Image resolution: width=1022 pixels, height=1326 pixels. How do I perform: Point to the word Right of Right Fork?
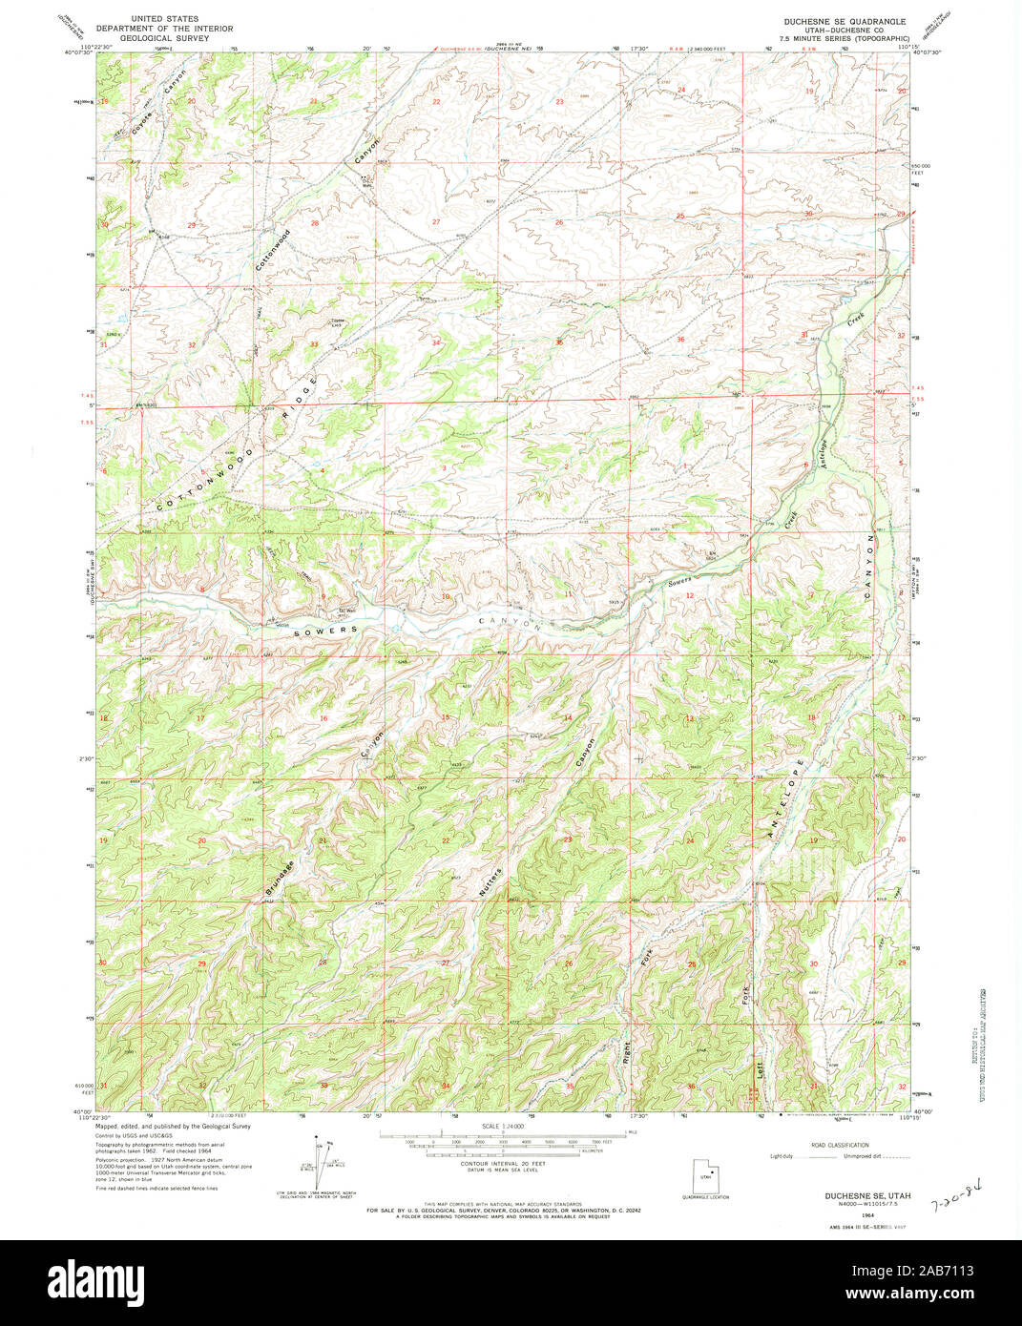coord(627,1052)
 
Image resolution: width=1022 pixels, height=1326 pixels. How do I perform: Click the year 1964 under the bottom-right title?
coord(867,1215)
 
